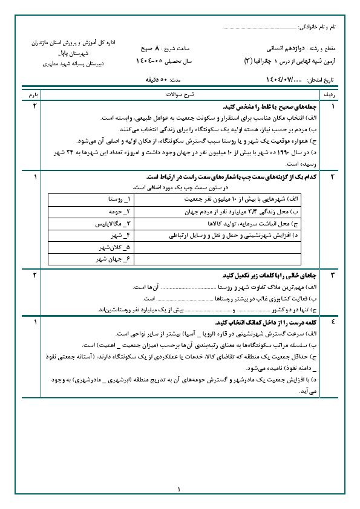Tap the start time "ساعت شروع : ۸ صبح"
point(159,48)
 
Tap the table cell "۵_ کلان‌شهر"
point(116,247)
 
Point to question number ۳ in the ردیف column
point(332,275)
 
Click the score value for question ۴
point(34,322)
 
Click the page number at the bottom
point(180,489)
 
